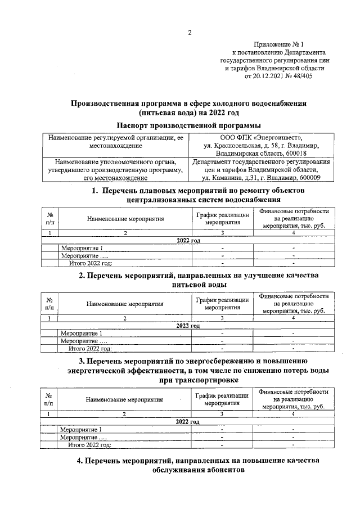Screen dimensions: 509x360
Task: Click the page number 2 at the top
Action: [190, 33]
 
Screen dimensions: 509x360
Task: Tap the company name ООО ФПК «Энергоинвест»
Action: [262, 137]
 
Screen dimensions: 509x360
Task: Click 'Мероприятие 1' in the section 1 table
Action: [82, 248]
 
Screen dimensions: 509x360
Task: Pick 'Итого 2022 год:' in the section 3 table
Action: [90, 444]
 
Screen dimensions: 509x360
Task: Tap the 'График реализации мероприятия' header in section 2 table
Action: [223, 304]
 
